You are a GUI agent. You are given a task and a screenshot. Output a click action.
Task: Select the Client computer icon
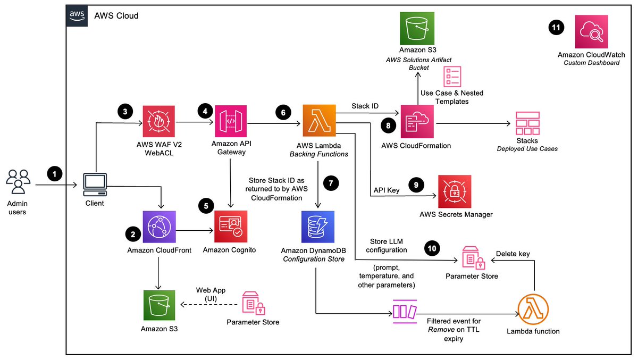coord(96,184)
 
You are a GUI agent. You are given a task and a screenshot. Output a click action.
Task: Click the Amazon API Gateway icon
coord(231,122)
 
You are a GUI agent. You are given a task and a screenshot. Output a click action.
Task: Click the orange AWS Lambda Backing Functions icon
coord(318,122)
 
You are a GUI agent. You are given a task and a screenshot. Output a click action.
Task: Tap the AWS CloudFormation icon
coord(416,122)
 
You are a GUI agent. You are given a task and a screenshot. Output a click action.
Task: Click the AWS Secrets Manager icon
coord(455,191)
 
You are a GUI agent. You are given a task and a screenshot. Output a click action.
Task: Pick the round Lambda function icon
coord(533,308)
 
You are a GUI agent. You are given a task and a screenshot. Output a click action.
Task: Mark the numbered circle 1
coord(54,173)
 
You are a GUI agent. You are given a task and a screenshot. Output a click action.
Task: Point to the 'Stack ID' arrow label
coord(365,106)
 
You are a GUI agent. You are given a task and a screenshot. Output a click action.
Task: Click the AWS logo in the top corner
coord(77,16)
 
